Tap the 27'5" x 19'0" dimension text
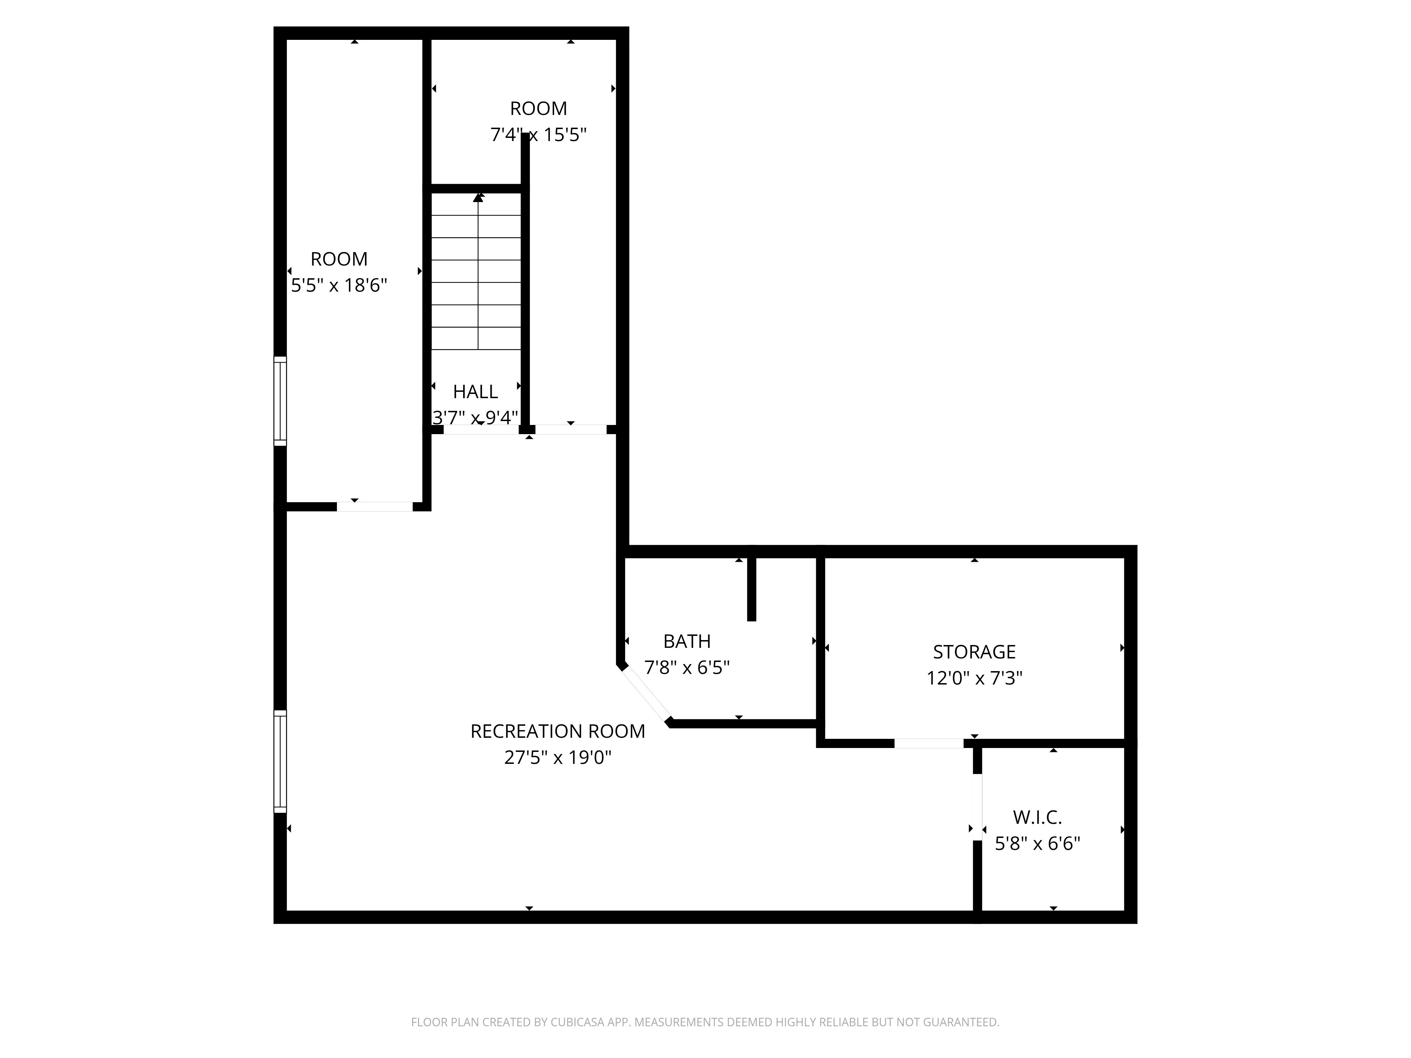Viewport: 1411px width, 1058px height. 557,758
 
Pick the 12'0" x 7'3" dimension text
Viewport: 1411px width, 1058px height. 974,678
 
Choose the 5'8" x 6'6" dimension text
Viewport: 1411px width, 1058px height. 1037,844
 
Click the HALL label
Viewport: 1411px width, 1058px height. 475,391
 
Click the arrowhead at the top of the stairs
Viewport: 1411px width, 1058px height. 478,198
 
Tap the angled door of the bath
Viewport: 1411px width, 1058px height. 647,694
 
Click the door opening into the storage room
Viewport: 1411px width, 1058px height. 929,743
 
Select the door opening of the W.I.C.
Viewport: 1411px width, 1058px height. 977,807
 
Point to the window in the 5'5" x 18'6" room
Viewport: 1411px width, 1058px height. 280,401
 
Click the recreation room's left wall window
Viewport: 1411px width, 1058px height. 280,761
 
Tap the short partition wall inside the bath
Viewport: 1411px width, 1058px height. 751,588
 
